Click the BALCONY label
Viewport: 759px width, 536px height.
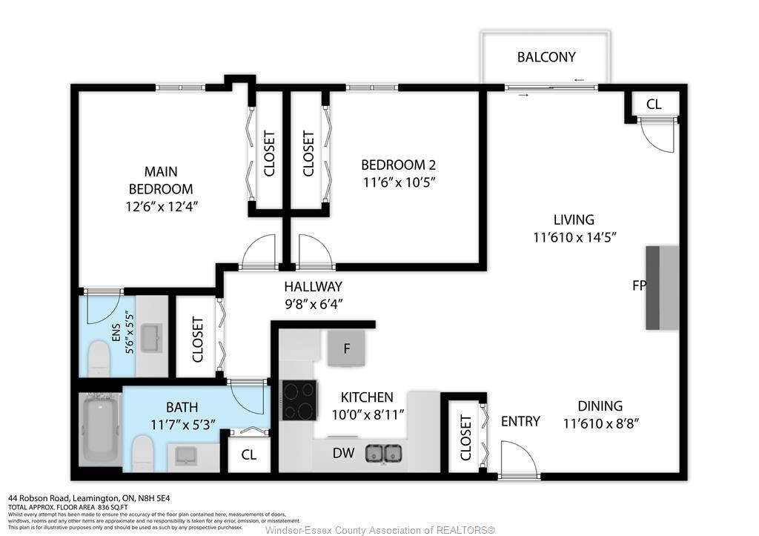[x=546, y=57]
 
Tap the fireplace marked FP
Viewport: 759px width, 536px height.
[x=661, y=288]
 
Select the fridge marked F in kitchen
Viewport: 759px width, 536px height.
[x=347, y=348]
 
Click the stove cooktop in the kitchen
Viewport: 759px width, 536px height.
[x=299, y=400]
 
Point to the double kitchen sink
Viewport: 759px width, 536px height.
[x=384, y=452]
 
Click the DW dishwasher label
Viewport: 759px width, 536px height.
[x=342, y=453]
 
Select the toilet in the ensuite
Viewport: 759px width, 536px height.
[x=99, y=359]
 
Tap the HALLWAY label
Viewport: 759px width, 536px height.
[x=313, y=286]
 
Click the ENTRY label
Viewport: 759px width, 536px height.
[x=520, y=421]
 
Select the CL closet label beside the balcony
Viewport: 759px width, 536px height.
[x=653, y=105]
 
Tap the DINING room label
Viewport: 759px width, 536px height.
[x=600, y=406]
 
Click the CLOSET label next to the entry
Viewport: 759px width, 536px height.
[x=465, y=437]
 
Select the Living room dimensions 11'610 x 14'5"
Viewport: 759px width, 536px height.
[x=574, y=237]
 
